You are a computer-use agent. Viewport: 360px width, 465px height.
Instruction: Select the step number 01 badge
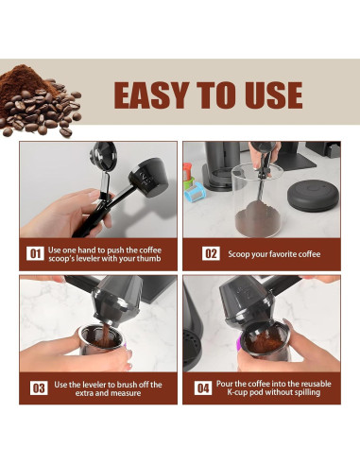click(35, 253)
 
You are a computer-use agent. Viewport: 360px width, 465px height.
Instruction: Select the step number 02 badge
click(211, 253)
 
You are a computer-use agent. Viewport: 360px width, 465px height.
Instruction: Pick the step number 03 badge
click(39, 387)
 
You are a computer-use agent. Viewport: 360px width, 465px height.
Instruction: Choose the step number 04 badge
click(203, 387)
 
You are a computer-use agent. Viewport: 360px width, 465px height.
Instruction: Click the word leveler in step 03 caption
click(94, 385)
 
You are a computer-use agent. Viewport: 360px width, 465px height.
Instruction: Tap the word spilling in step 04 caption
click(307, 392)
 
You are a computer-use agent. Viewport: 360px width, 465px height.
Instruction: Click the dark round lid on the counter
click(312, 196)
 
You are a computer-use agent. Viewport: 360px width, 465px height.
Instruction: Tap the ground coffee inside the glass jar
click(258, 219)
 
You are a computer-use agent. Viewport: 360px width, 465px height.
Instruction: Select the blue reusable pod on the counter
click(195, 191)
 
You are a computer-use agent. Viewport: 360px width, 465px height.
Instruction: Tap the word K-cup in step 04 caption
click(237, 392)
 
